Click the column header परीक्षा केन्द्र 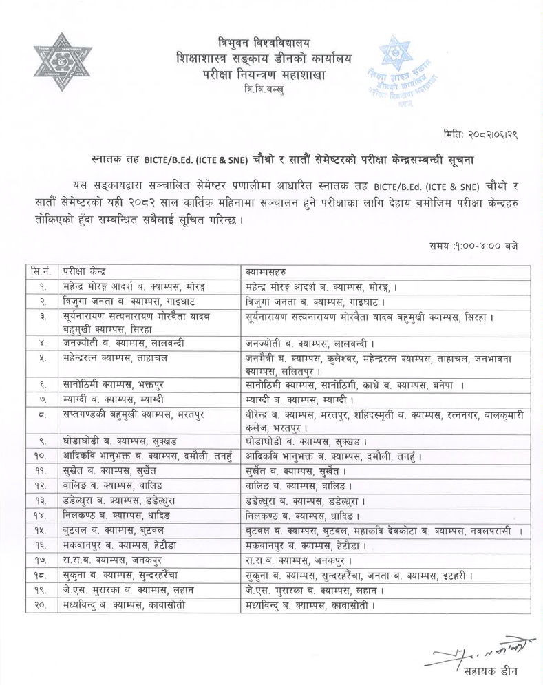point(83,270)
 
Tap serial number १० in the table point(41,455)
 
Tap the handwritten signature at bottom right point(474,651)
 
